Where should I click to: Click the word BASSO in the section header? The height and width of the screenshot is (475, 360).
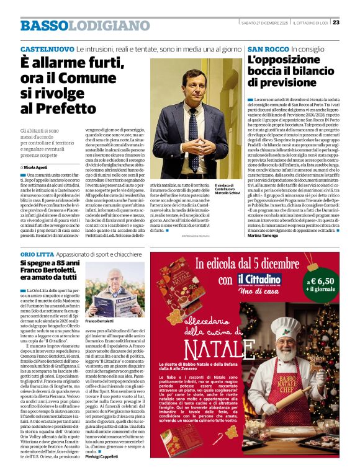(43, 25)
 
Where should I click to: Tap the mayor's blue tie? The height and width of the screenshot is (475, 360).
(194, 130)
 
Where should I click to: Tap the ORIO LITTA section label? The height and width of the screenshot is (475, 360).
(37, 255)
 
